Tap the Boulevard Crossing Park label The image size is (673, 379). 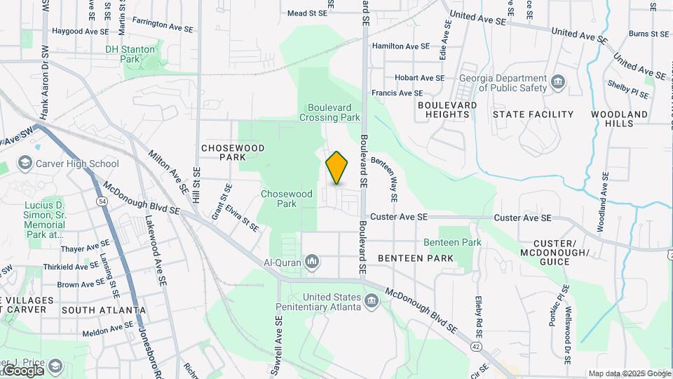[333, 112]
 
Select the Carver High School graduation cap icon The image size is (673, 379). [25, 164]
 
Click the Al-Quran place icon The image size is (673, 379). [312, 263]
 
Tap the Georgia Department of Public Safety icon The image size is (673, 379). [558, 83]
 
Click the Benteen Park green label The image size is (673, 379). [453, 242]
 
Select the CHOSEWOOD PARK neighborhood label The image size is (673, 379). [224, 152]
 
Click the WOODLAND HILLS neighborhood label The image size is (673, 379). [619, 119]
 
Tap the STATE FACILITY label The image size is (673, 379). [533, 114]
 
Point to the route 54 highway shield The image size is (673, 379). [102, 201]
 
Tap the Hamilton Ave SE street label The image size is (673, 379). [401, 46]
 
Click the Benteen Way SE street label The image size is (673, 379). [385, 179]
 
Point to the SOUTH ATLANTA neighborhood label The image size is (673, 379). [104, 310]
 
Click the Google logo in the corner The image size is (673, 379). [24, 370]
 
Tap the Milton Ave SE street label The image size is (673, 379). [169, 171]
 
